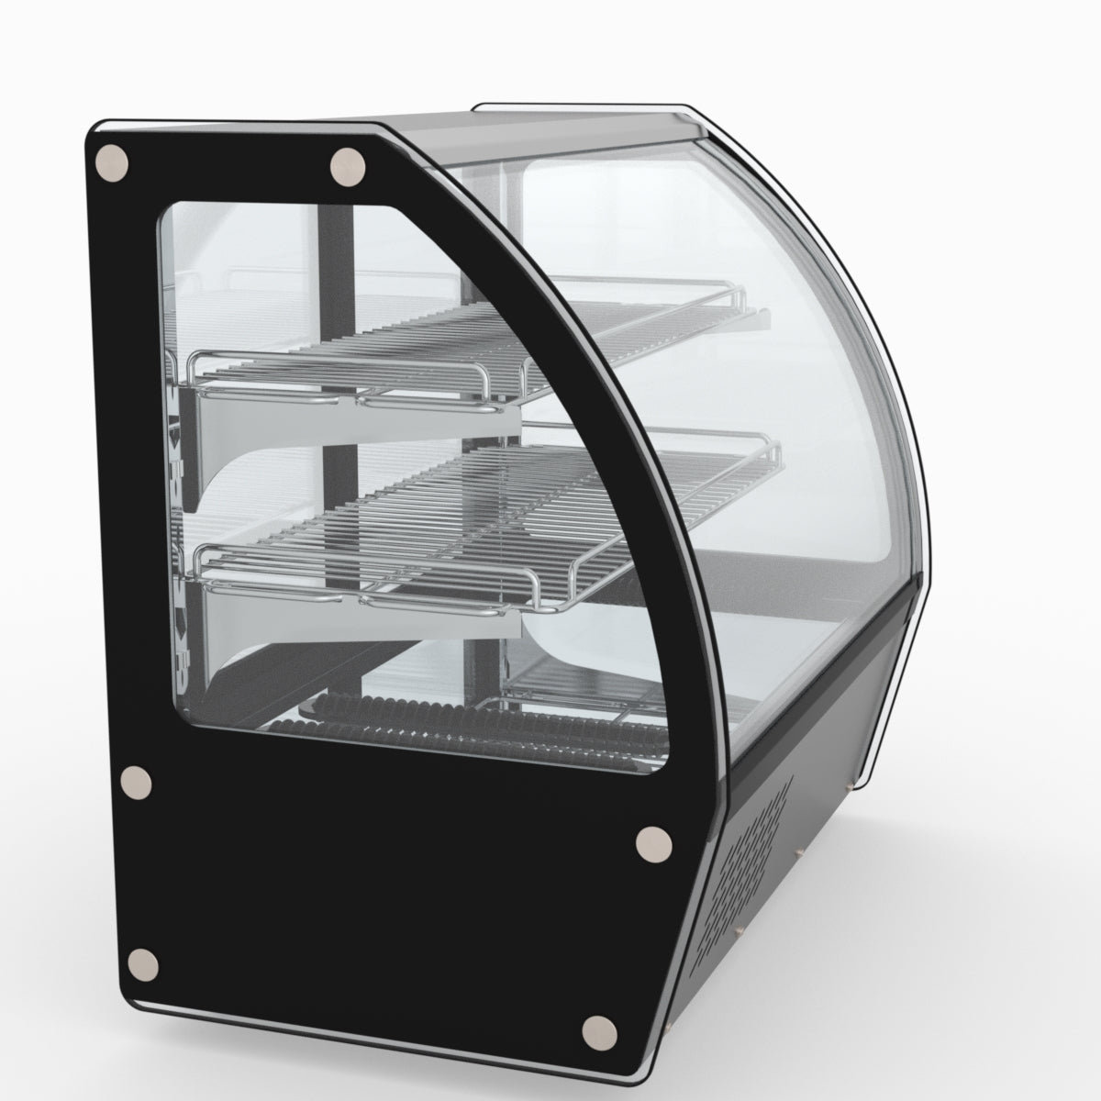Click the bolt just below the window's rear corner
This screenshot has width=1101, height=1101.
137,782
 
